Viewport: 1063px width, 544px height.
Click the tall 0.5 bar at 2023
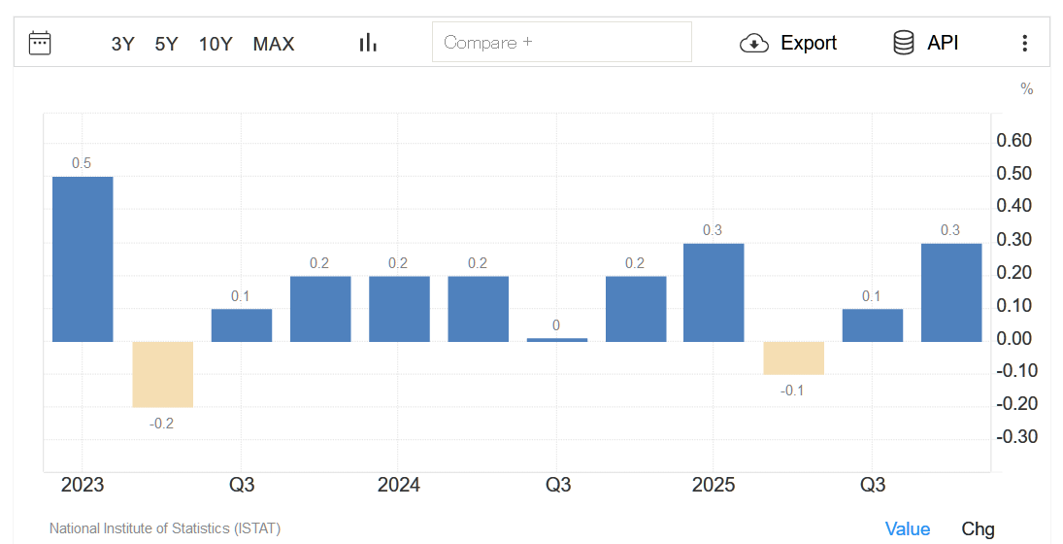pos(83,258)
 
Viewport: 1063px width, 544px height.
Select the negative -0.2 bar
pos(162,374)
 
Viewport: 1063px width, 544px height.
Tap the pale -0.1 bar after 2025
pos(793,357)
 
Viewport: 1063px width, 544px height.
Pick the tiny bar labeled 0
pos(556,339)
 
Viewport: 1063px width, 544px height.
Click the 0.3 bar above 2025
pos(714,292)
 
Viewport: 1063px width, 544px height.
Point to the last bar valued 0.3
pos(950,292)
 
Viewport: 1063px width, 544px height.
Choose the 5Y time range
pos(166,44)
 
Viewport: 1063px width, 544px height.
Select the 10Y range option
pos(216,44)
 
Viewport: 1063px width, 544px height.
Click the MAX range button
pos(274,44)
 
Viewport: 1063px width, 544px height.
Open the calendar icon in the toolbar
pos(40,43)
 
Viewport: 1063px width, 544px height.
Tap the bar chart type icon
pos(368,43)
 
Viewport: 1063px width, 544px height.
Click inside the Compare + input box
pos(561,43)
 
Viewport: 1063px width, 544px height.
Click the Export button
pos(788,43)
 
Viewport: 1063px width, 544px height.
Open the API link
pos(926,43)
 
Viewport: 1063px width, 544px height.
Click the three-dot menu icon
pos(1024,43)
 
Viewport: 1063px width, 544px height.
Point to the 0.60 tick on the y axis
pos(1014,141)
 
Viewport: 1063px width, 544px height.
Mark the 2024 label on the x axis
pos(399,485)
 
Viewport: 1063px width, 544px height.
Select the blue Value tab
pos(908,528)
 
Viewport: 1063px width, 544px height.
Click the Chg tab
pos(978,528)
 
